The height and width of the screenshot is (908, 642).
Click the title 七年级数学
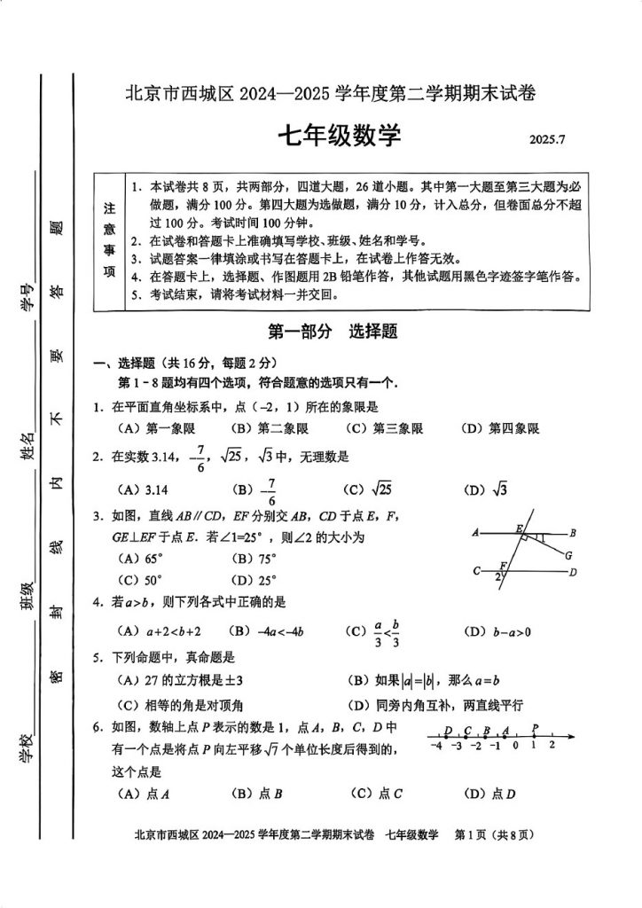coord(340,137)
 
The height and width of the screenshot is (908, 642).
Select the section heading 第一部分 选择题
coord(332,332)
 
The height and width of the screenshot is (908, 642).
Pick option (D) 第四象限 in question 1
coord(500,429)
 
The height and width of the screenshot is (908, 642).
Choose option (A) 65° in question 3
coord(142,560)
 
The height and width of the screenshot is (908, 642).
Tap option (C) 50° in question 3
coord(142,581)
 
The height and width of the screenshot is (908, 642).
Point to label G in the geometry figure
coord(568,556)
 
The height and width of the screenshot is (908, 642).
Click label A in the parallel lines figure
coord(476,533)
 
